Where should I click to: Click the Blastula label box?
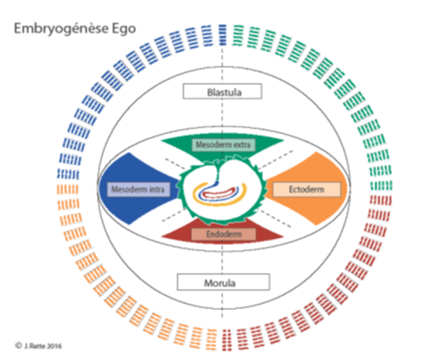tap(222, 91)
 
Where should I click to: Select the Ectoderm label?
tap(306, 189)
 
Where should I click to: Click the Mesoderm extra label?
tap(222, 145)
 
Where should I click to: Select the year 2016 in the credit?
tap(54, 345)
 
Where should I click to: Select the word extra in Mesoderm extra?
tap(239, 145)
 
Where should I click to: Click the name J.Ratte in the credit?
tap(34, 345)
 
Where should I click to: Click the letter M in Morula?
tap(208, 282)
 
